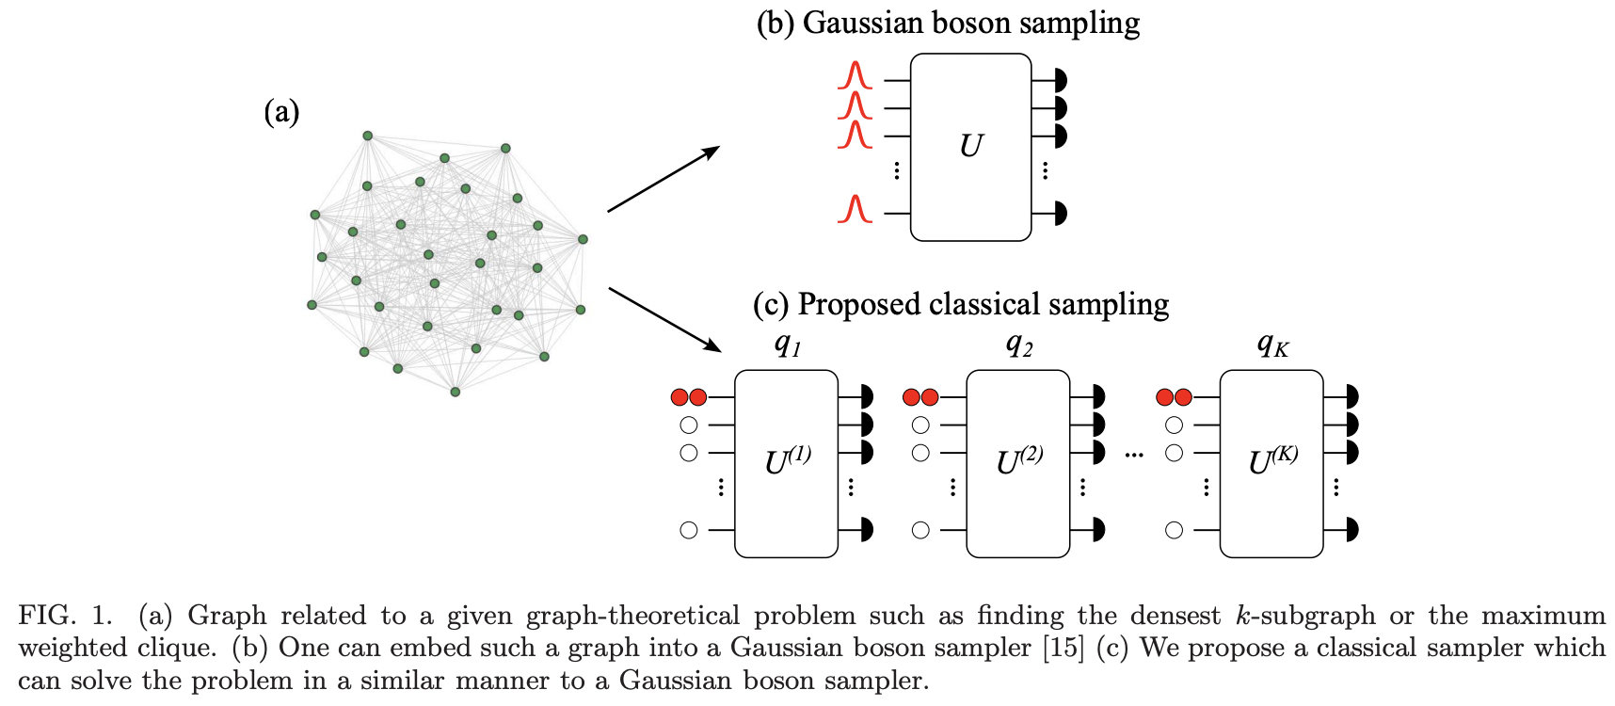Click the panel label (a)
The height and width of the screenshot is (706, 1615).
[281, 112]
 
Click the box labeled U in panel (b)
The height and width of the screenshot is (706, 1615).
[970, 147]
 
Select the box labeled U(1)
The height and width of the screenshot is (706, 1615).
[786, 463]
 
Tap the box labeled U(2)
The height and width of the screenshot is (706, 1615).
[1018, 463]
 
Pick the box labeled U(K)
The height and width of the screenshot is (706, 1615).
[1271, 463]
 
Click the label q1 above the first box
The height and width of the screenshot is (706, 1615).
[788, 345]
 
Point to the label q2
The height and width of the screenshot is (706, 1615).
[1019, 345]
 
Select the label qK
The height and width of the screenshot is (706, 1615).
[1272, 345]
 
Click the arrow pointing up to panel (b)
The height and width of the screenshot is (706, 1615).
[664, 179]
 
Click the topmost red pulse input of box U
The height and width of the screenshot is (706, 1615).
[855, 76]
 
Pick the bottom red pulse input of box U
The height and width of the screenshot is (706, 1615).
[855, 209]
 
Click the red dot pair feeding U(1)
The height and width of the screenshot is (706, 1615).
[689, 397]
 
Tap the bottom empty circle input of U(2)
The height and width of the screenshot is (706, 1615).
[920, 530]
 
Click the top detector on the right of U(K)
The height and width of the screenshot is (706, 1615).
[1351, 396]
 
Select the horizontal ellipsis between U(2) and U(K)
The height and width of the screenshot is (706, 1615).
[1134, 456]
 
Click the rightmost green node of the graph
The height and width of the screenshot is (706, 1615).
[583, 239]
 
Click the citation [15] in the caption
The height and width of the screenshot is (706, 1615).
[1063, 648]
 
